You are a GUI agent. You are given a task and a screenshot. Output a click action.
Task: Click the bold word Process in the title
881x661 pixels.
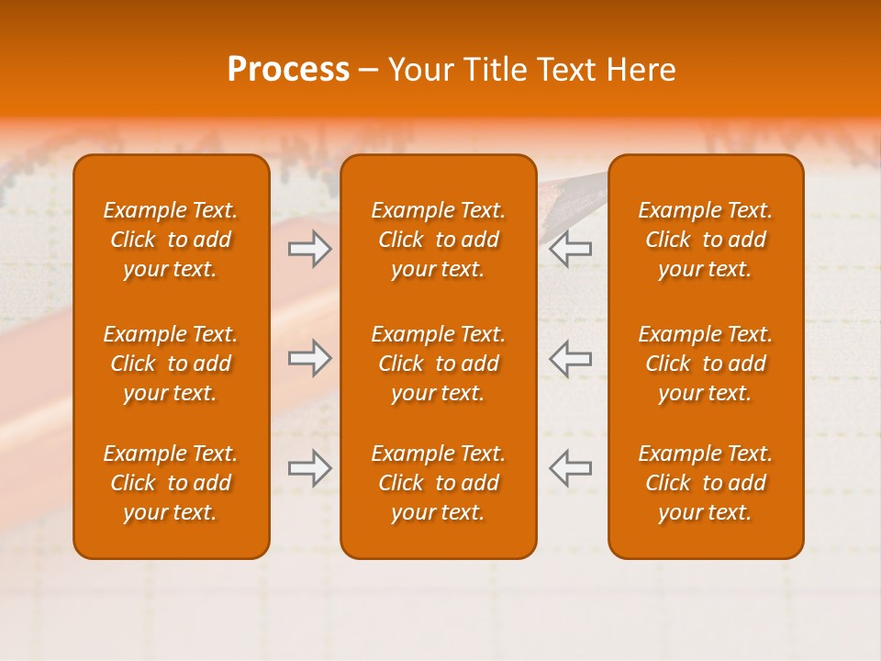(x=288, y=70)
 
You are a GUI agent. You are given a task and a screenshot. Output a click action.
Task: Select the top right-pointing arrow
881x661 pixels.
(x=309, y=249)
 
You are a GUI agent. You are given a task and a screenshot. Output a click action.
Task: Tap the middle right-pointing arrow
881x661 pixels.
(x=309, y=358)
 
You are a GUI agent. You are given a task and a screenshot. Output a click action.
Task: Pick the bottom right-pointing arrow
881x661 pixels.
(x=309, y=468)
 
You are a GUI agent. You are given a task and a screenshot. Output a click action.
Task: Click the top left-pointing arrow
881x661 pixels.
(x=571, y=249)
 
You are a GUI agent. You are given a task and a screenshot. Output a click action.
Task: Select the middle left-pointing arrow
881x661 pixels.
(x=571, y=358)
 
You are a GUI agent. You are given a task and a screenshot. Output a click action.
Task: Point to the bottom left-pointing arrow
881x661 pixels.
(x=571, y=468)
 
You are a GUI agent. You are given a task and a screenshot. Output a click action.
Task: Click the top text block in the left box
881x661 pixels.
(x=171, y=240)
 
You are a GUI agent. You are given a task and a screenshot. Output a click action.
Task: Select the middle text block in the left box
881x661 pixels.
(x=171, y=364)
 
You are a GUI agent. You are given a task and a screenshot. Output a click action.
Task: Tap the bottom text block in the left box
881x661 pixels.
(x=171, y=483)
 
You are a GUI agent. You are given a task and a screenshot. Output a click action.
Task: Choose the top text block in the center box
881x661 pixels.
(x=438, y=240)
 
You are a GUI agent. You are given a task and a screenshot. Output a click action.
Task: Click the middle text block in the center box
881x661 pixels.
(x=438, y=364)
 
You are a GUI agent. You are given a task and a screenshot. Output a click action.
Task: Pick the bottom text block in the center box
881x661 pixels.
(x=438, y=483)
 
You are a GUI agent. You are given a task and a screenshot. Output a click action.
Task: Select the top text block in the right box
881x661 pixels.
(x=705, y=240)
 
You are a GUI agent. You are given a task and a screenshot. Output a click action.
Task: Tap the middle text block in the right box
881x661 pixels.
(x=705, y=364)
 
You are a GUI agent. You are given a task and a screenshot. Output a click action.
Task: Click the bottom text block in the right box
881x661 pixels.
(x=705, y=483)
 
